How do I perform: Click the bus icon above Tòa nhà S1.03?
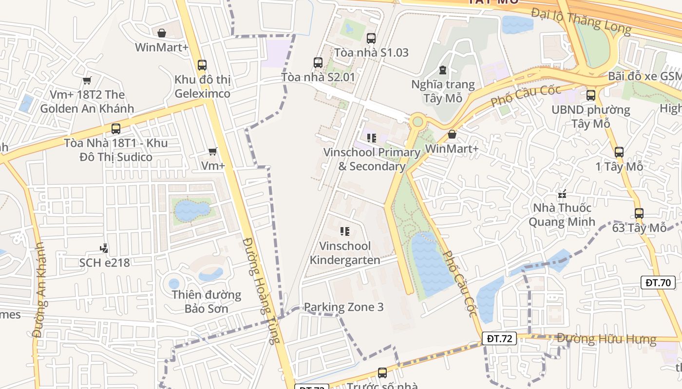(x=371, y=38)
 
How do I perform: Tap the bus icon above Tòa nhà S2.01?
(x=318, y=62)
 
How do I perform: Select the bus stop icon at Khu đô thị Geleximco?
(x=202, y=65)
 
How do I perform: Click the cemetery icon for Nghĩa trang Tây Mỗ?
(x=442, y=71)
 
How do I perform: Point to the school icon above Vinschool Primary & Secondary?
(x=372, y=138)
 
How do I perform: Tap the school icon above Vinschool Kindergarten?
(x=345, y=231)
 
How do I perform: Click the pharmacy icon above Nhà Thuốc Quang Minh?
(x=563, y=194)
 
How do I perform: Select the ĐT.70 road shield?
(x=658, y=283)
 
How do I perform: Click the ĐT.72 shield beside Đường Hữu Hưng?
(x=499, y=338)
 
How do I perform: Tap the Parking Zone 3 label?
(x=343, y=307)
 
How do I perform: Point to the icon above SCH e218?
(x=103, y=248)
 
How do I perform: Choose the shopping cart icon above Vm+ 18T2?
(x=87, y=80)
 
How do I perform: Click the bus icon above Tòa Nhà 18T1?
(x=115, y=129)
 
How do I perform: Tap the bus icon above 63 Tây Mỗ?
(x=639, y=213)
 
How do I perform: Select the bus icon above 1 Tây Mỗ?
(x=619, y=152)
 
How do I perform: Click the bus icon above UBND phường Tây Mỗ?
(x=591, y=95)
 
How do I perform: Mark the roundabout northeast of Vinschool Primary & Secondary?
(x=417, y=121)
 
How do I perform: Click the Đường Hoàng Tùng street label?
(x=261, y=291)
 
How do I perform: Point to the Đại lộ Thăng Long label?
(x=581, y=21)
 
